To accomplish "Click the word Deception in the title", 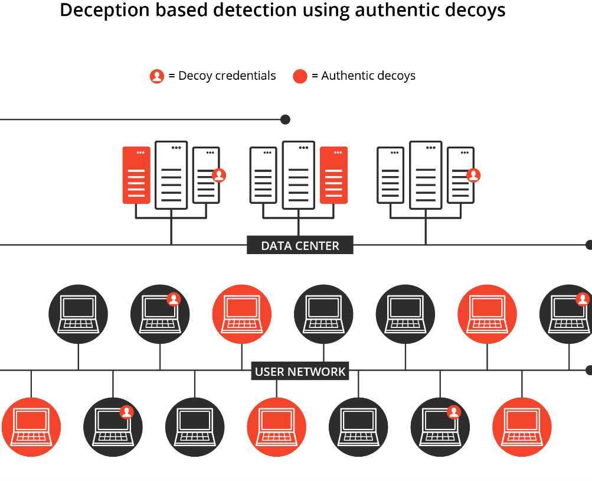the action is pos(104,10).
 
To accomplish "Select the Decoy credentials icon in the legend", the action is pos(156,76).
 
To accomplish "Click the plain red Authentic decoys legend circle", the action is pos(300,76).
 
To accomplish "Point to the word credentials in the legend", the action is pos(246,76).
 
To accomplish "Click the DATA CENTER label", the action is pos(300,246).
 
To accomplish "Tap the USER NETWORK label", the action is pos(300,372).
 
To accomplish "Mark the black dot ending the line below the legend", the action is pos(286,119).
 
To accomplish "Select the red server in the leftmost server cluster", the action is pos(136,175).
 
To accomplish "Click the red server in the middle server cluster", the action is pos(333,175).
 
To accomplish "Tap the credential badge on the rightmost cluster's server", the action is pos(473,175).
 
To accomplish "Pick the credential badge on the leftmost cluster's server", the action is pos(219,175).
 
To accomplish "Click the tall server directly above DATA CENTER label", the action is pos(299,175).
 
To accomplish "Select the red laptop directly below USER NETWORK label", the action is pos(277,427).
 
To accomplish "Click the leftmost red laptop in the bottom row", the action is pos(31,427).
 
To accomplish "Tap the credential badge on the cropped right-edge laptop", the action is pos(583,299).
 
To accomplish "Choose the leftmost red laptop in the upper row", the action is pos(242,314).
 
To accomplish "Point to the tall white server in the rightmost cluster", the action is pos(426,175).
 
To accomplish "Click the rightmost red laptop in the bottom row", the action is pos(522,427).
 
